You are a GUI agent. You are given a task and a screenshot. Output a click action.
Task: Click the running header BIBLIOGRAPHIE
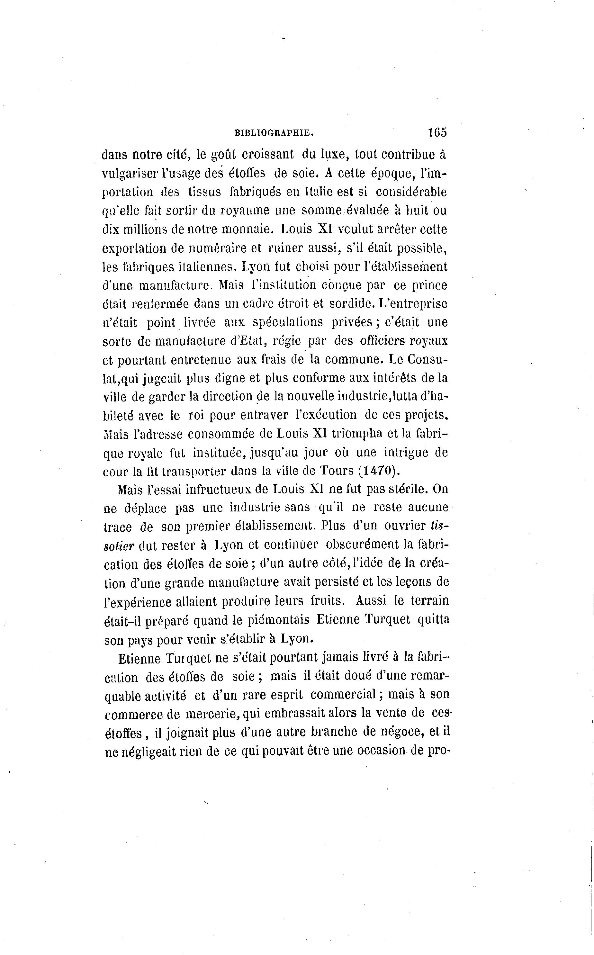click(x=274, y=133)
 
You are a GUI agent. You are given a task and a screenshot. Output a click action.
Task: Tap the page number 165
click(x=437, y=132)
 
